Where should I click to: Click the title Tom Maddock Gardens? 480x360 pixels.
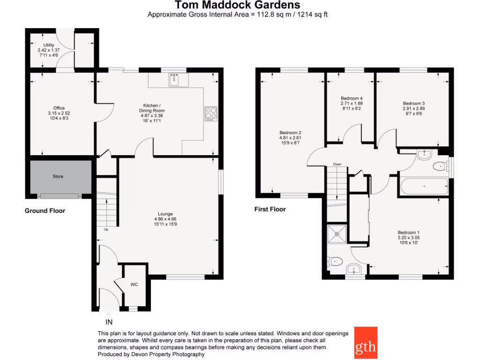click(x=238, y=5)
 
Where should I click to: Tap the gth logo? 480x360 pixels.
click(x=366, y=342)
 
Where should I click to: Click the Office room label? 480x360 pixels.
click(x=59, y=108)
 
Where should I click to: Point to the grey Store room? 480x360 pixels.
click(x=58, y=177)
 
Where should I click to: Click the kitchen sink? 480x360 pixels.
click(x=178, y=80)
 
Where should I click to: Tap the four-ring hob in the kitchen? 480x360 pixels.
click(x=211, y=113)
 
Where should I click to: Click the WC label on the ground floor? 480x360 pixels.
click(x=134, y=284)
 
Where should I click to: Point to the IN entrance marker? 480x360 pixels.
click(x=109, y=322)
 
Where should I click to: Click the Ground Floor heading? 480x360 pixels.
click(x=45, y=211)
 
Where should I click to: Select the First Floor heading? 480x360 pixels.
click(x=270, y=209)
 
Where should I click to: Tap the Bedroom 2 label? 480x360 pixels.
click(x=290, y=133)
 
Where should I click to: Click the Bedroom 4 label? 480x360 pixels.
click(x=352, y=98)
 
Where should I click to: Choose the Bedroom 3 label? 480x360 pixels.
click(x=414, y=103)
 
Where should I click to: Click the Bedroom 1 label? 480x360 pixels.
click(x=408, y=232)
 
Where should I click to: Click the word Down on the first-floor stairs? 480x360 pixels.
click(x=337, y=165)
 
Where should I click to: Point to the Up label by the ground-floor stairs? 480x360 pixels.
click(x=105, y=229)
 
